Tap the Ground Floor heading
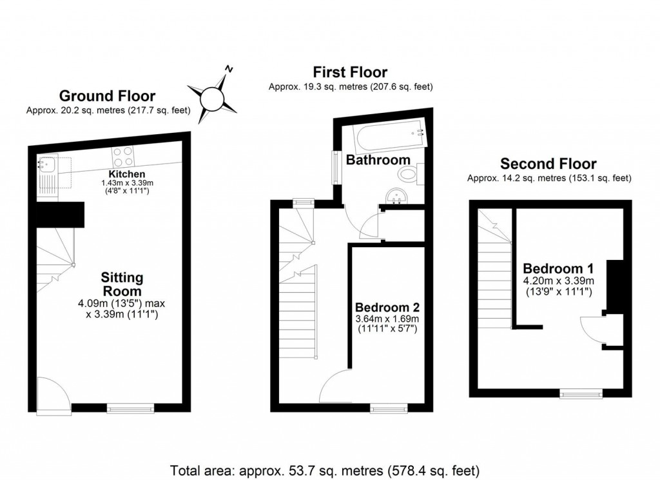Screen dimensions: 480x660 (x=107, y=96)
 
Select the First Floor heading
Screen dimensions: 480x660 (x=350, y=72)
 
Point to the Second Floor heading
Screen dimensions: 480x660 (x=548, y=164)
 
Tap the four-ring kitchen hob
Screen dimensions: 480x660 (x=124, y=157)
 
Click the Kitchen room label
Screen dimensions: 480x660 (x=126, y=175)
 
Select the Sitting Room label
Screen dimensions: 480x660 (x=122, y=285)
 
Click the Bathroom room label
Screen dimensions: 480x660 (x=378, y=159)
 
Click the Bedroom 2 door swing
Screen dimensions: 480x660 (x=335, y=386)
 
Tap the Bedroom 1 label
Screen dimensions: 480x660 (x=558, y=268)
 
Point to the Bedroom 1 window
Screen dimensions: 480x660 (x=581, y=393)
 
